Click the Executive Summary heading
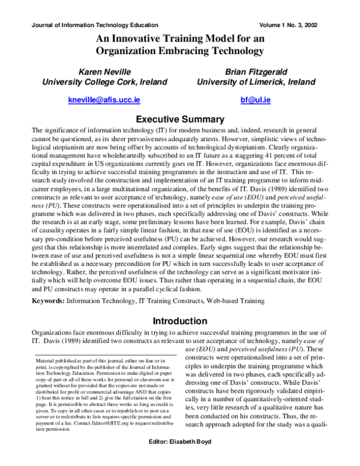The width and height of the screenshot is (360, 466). pos(180,120)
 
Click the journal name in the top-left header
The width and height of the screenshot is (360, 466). pos(94,25)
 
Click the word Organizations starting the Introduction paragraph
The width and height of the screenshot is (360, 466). pos(55,333)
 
